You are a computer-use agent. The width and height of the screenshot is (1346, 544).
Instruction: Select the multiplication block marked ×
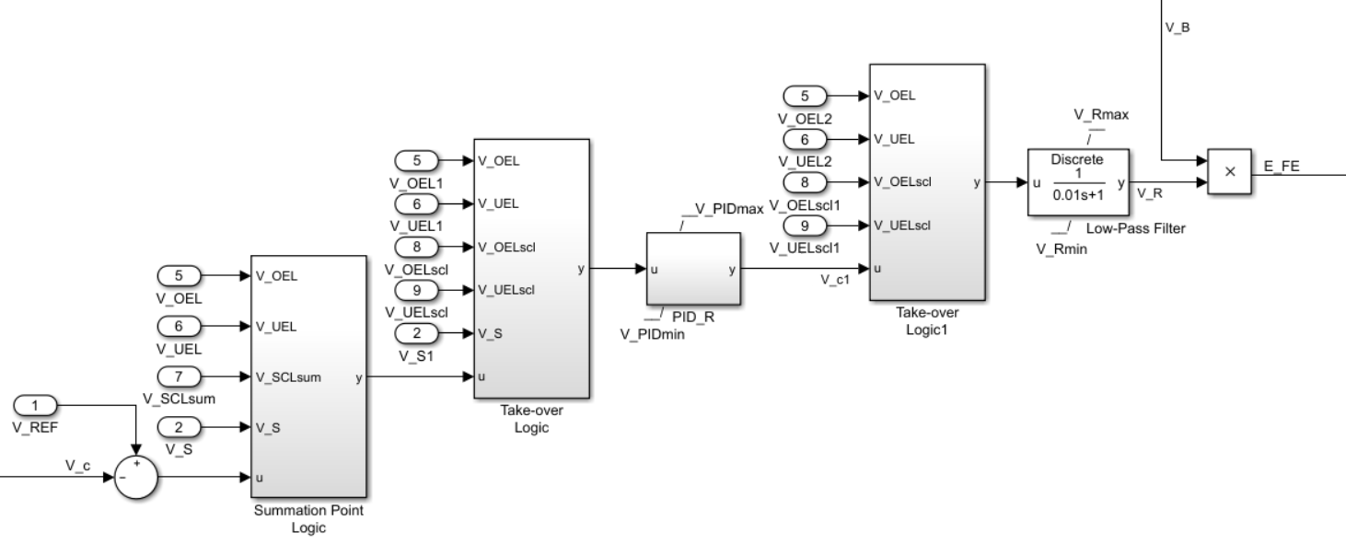pos(1230,171)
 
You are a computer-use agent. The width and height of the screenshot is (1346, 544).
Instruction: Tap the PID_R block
pos(693,270)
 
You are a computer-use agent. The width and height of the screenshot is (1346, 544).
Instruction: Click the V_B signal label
pos(1178,28)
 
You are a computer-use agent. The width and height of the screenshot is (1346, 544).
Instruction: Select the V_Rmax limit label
pos(1096,114)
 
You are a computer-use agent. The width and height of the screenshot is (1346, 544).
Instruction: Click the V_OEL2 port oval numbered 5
pos(805,95)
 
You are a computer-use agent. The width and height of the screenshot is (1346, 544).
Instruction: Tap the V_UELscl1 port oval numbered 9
pos(805,226)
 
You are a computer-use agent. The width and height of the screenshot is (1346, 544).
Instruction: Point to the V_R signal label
pos(1149,194)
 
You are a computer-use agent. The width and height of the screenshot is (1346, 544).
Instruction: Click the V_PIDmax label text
pos(728,210)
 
